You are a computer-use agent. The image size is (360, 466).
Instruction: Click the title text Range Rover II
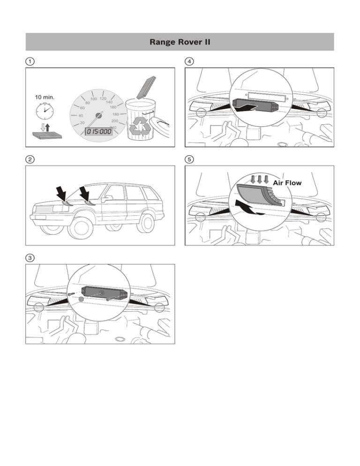180,42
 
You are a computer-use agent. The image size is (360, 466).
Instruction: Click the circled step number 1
30,61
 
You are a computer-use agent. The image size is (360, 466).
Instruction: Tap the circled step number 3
30,258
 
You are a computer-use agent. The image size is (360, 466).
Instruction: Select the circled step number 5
189,159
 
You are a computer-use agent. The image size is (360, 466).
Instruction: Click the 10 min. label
45,97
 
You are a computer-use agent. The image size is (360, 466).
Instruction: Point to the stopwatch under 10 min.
45,111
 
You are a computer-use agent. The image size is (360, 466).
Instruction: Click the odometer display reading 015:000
99,131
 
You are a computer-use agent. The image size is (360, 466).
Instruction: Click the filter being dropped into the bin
146,88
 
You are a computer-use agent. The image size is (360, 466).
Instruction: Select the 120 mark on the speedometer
103,98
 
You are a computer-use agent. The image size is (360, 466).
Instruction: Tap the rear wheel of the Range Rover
146,223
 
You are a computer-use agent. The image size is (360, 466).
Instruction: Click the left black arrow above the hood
62,194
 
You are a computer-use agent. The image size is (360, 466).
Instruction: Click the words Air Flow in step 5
287,183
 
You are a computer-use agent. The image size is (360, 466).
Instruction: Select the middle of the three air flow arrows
260,179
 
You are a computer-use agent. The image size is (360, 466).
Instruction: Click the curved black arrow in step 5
247,207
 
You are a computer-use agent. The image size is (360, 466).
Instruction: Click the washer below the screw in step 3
81,299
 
